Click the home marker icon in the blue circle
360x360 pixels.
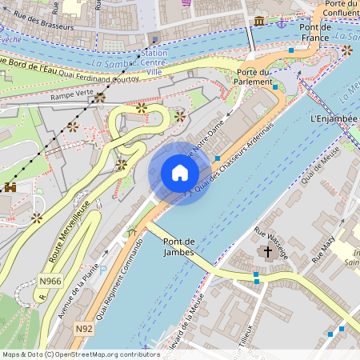(180, 173)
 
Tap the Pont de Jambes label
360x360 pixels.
(178, 247)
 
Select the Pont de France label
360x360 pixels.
(314, 32)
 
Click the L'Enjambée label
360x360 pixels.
(331, 118)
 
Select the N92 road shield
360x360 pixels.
(84, 329)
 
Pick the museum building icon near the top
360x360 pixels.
(259, 21)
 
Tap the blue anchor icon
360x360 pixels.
(281, 23)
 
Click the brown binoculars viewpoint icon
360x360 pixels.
(11, 187)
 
